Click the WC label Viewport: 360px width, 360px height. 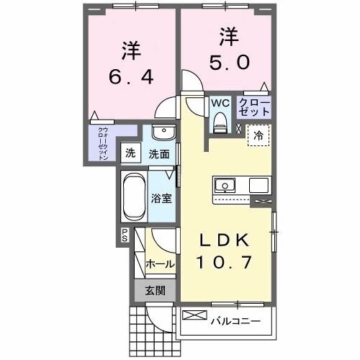tap(220, 102)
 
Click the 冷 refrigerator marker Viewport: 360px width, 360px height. tap(257, 135)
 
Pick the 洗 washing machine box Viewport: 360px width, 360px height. tap(130, 153)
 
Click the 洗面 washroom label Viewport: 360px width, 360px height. tap(159, 153)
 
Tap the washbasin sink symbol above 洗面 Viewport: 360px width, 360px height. tap(163, 134)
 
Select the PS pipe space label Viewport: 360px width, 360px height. tap(124, 235)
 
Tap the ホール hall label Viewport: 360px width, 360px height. tap(160, 264)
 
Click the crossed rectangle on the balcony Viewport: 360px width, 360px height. tap(194, 315)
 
